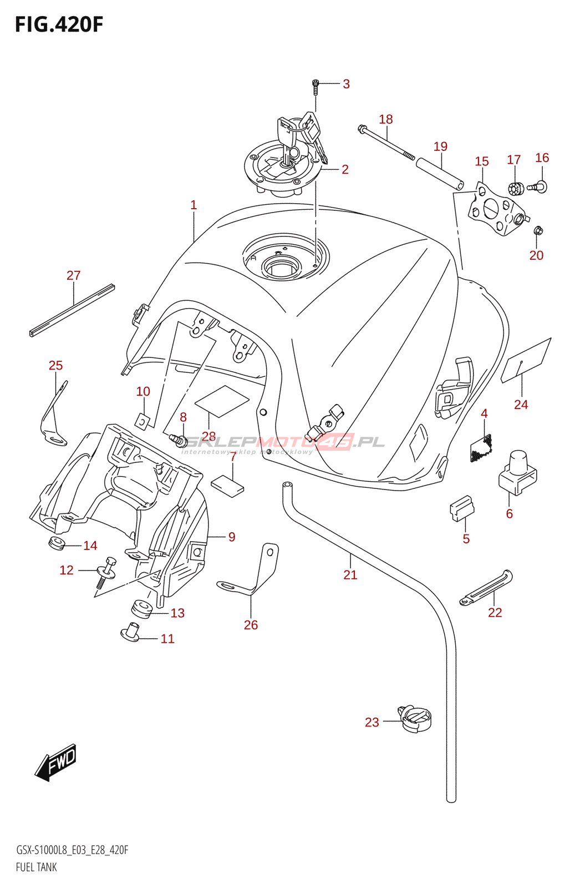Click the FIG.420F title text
[59, 25]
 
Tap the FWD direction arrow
[56, 762]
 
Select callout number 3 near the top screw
[346, 84]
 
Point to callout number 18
[386, 119]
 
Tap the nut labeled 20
[537, 230]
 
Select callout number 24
[521, 405]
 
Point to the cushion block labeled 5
[461, 508]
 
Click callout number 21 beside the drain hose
[350, 575]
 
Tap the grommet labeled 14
[57, 543]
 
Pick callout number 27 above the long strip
[74, 275]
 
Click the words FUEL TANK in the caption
[37, 867]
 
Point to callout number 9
[232, 537]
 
